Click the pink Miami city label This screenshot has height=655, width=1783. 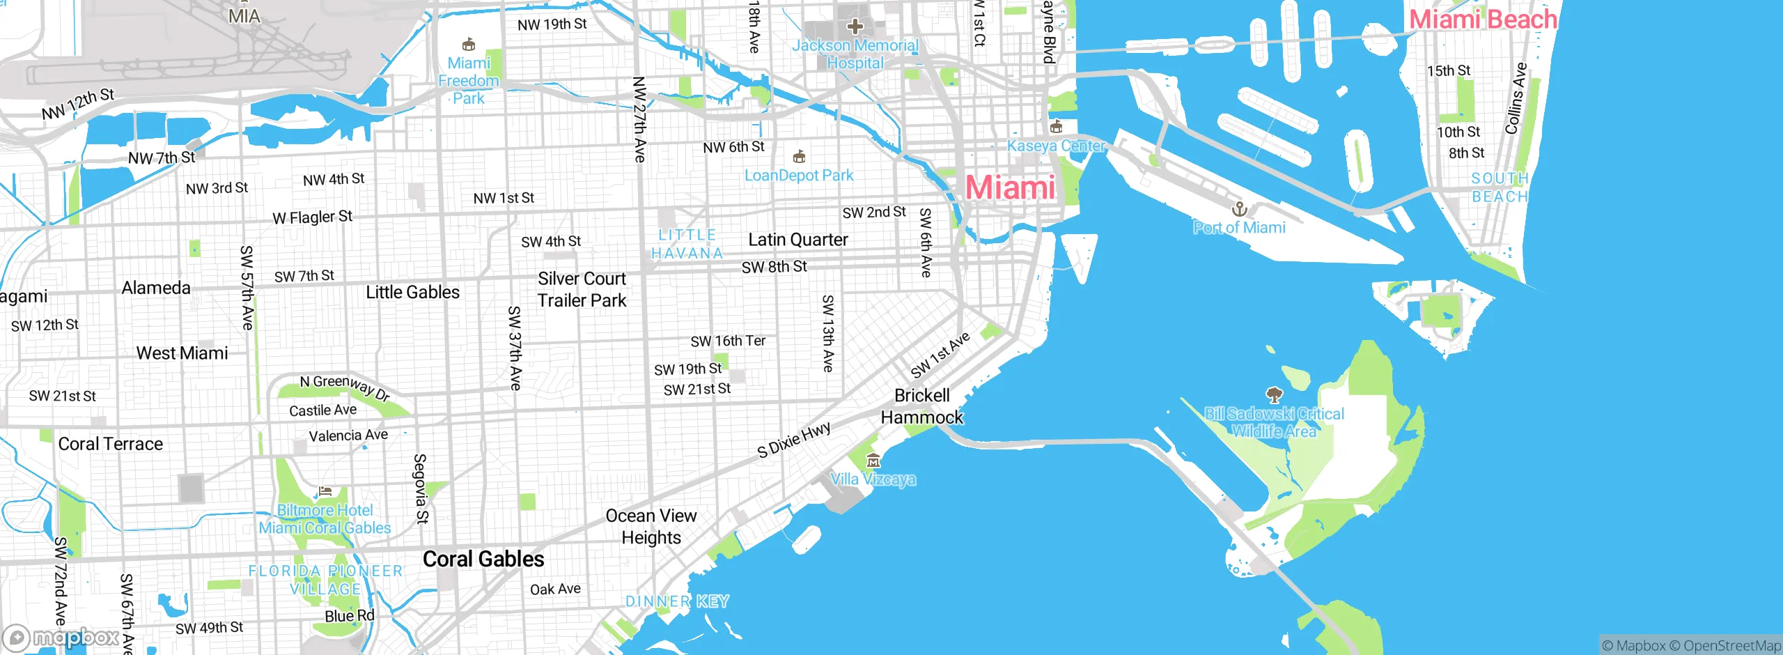click(x=1010, y=187)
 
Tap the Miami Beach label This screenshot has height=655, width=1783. click(x=1483, y=19)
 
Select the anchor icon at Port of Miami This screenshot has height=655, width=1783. click(x=1239, y=208)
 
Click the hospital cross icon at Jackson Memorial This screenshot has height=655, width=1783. click(x=855, y=27)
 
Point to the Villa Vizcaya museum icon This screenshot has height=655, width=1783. click(x=873, y=461)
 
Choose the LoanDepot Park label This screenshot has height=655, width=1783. click(x=799, y=176)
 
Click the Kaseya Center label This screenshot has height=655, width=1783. click(x=1056, y=146)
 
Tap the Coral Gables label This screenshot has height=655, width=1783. click(x=483, y=559)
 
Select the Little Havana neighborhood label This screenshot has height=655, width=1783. click(x=687, y=244)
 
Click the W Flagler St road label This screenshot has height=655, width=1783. click(x=313, y=217)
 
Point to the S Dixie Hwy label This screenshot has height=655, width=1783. click(x=794, y=440)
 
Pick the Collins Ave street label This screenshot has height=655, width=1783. click(x=1516, y=99)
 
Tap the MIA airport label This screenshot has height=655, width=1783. click(x=244, y=15)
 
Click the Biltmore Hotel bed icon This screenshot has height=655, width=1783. click(x=325, y=491)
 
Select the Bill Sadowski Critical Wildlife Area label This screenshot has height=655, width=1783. click(x=1274, y=422)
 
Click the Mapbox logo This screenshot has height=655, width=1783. click(x=61, y=638)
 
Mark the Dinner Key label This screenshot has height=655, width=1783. click(x=677, y=601)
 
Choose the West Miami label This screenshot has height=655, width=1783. click(x=182, y=353)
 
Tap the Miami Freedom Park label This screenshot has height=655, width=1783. click(x=469, y=80)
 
